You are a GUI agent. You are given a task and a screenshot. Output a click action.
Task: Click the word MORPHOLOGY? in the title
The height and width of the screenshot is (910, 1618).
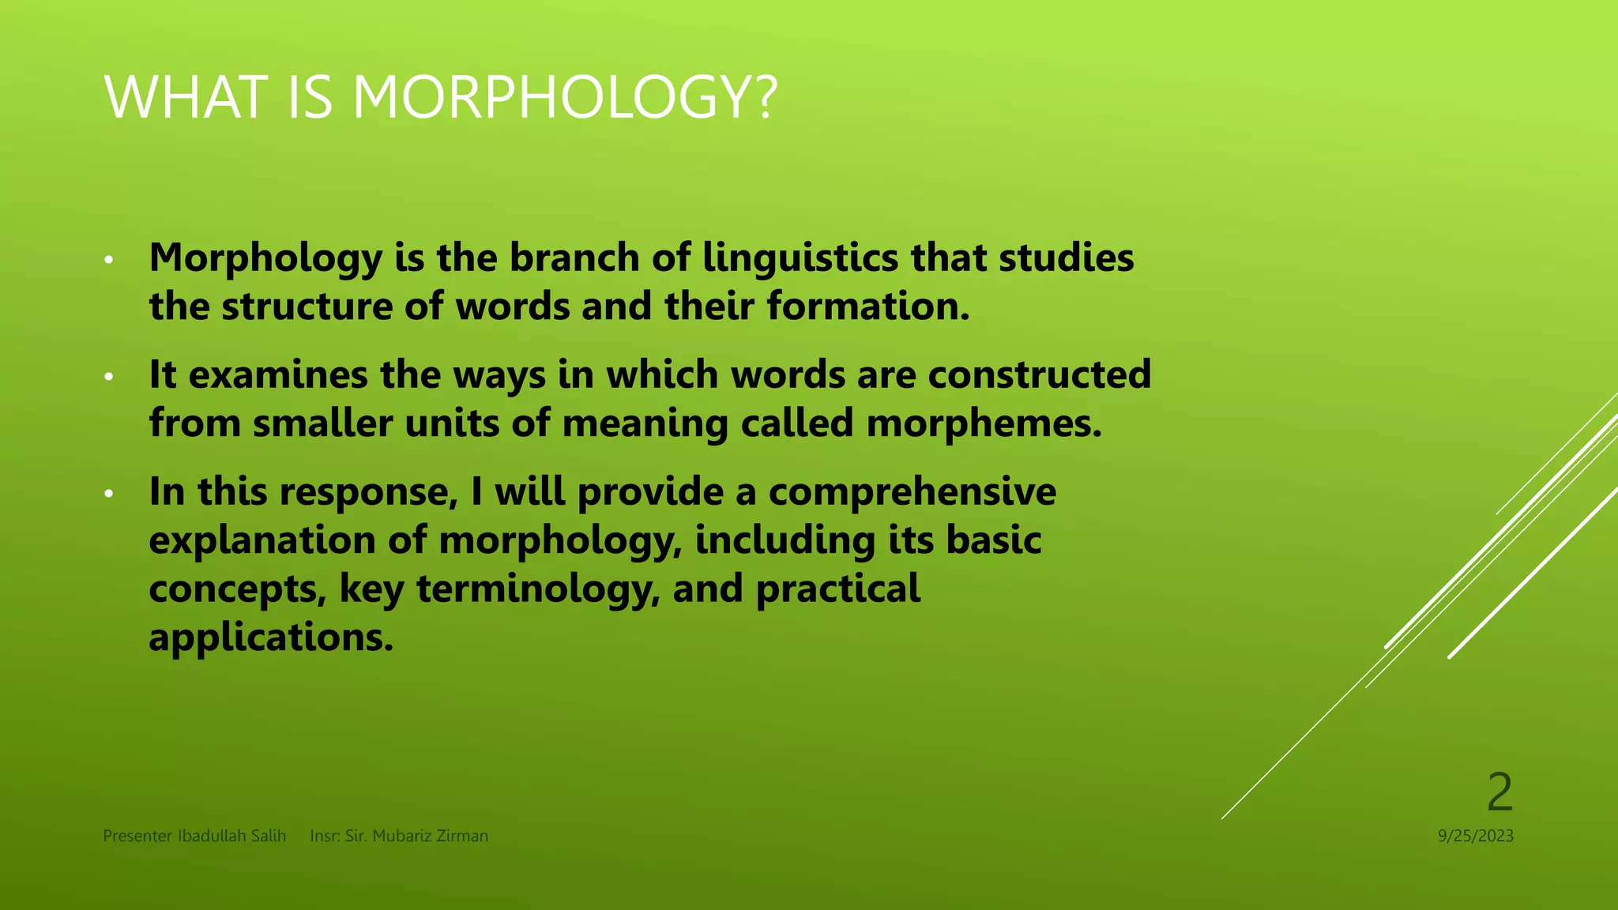(x=565, y=98)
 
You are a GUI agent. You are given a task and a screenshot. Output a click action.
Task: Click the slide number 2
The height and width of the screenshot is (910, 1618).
(x=1499, y=792)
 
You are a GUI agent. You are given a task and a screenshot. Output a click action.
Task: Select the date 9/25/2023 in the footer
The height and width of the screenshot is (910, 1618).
(x=1475, y=836)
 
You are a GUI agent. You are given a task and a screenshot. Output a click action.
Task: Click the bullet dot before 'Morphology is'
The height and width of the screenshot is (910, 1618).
(x=109, y=259)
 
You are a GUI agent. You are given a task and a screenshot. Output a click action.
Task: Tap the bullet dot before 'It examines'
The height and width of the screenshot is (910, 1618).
(x=109, y=376)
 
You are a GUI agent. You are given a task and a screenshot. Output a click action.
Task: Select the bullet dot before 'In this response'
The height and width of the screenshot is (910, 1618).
(x=109, y=494)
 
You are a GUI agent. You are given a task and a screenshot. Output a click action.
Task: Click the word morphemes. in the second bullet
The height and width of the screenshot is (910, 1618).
(x=984, y=423)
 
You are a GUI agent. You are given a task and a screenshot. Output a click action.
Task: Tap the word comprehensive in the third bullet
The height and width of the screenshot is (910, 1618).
(x=912, y=491)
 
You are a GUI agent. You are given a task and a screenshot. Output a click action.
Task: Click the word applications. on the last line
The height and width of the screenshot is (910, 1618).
(x=271, y=637)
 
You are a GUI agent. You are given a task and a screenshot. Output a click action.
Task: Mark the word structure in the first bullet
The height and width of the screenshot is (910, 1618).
(x=307, y=306)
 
